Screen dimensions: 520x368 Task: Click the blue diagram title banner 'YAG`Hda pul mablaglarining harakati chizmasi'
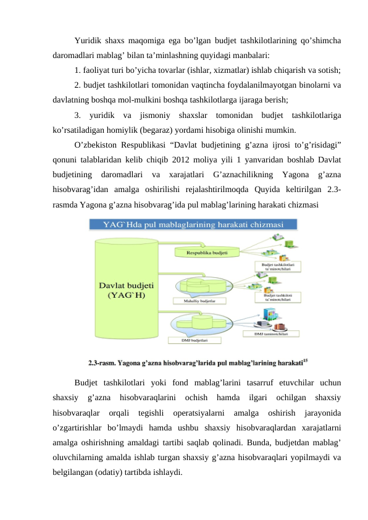[x=193, y=224]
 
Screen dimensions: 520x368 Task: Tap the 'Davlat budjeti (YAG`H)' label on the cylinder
[x=127, y=290]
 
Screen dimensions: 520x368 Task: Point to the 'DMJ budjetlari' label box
[x=194, y=339]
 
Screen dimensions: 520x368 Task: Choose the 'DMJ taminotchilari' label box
[x=277, y=333]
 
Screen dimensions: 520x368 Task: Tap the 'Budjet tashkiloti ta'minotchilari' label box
[x=278, y=297]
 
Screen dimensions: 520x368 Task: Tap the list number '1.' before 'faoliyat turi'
[x=77, y=69]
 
